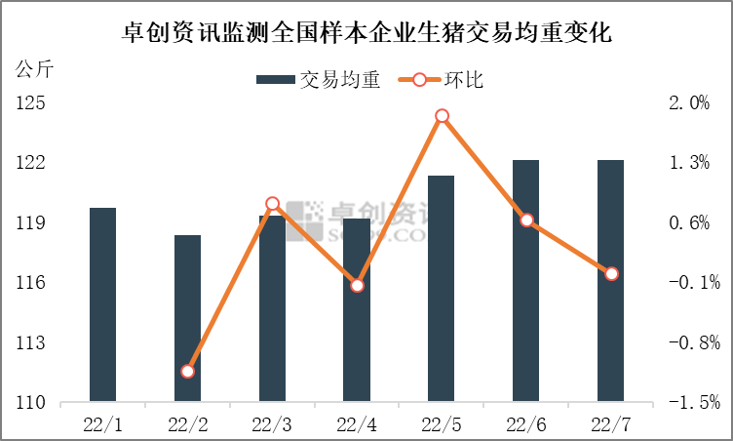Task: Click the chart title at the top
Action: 366,32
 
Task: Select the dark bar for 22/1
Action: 102,304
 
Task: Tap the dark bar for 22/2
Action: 188,318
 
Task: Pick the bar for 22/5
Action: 442,289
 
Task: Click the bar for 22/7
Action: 611,281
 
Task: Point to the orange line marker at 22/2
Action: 188,371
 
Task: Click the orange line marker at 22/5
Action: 442,116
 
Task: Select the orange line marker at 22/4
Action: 357,285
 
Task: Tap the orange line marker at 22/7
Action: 611,274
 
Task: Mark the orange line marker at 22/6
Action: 526,220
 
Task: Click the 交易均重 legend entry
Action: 318,79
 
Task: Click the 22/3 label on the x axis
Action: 272,424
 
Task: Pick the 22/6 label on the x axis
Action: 526,424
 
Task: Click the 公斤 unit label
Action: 35,70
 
